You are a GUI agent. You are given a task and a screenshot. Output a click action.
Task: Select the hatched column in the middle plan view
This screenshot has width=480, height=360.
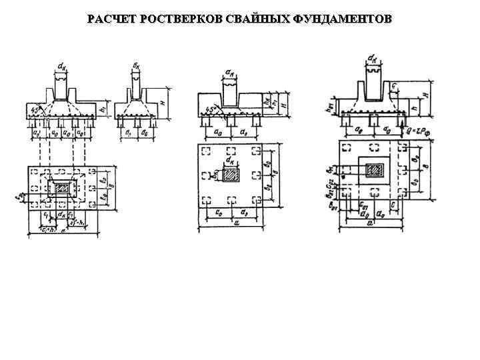click(x=230, y=175)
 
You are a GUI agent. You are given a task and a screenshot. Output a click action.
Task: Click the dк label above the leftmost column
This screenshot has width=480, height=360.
click(x=61, y=66)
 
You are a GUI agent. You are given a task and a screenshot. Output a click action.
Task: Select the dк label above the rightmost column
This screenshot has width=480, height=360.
click(x=373, y=59)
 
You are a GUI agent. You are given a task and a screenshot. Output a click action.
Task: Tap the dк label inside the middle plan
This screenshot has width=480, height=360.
click(x=229, y=161)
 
